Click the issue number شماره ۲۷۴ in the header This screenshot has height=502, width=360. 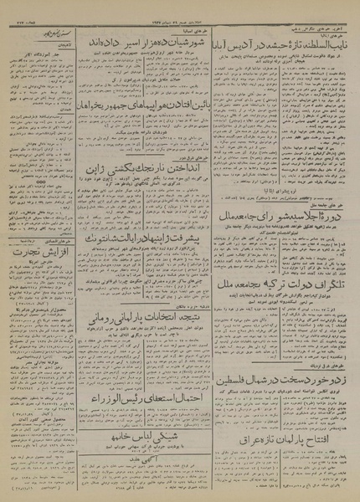pos(20,7)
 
